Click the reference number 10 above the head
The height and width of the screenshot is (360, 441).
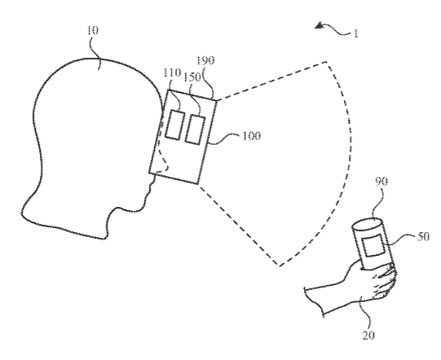pos(92,30)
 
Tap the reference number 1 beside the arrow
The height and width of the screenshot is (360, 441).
pos(356,33)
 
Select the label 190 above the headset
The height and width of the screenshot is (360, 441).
pos(205,60)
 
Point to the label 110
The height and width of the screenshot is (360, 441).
pos(171,72)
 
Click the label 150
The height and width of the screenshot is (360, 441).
pos(192,77)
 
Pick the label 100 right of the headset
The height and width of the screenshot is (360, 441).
pos(251,136)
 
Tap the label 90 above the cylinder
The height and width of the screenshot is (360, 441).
pos(381,182)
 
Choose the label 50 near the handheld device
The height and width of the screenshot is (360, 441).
pos(423,237)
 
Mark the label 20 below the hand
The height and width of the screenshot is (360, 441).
pos(368,336)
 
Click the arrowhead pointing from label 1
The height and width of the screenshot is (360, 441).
pos(320,26)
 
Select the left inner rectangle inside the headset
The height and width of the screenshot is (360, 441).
pos(174,125)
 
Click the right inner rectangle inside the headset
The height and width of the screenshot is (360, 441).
pos(195,130)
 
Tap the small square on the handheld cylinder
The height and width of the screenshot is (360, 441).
pos(372,246)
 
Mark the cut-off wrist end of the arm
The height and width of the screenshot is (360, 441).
pos(314,301)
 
